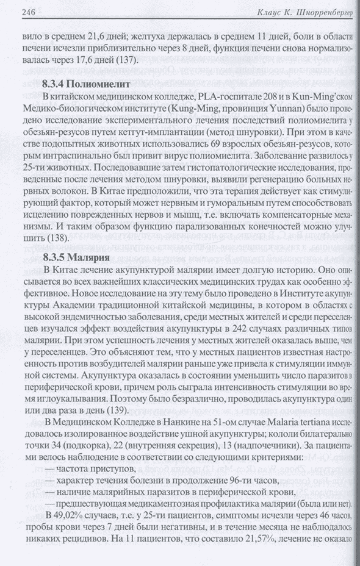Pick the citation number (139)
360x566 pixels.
coord(114,410)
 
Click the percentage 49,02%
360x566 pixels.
coord(72,517)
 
